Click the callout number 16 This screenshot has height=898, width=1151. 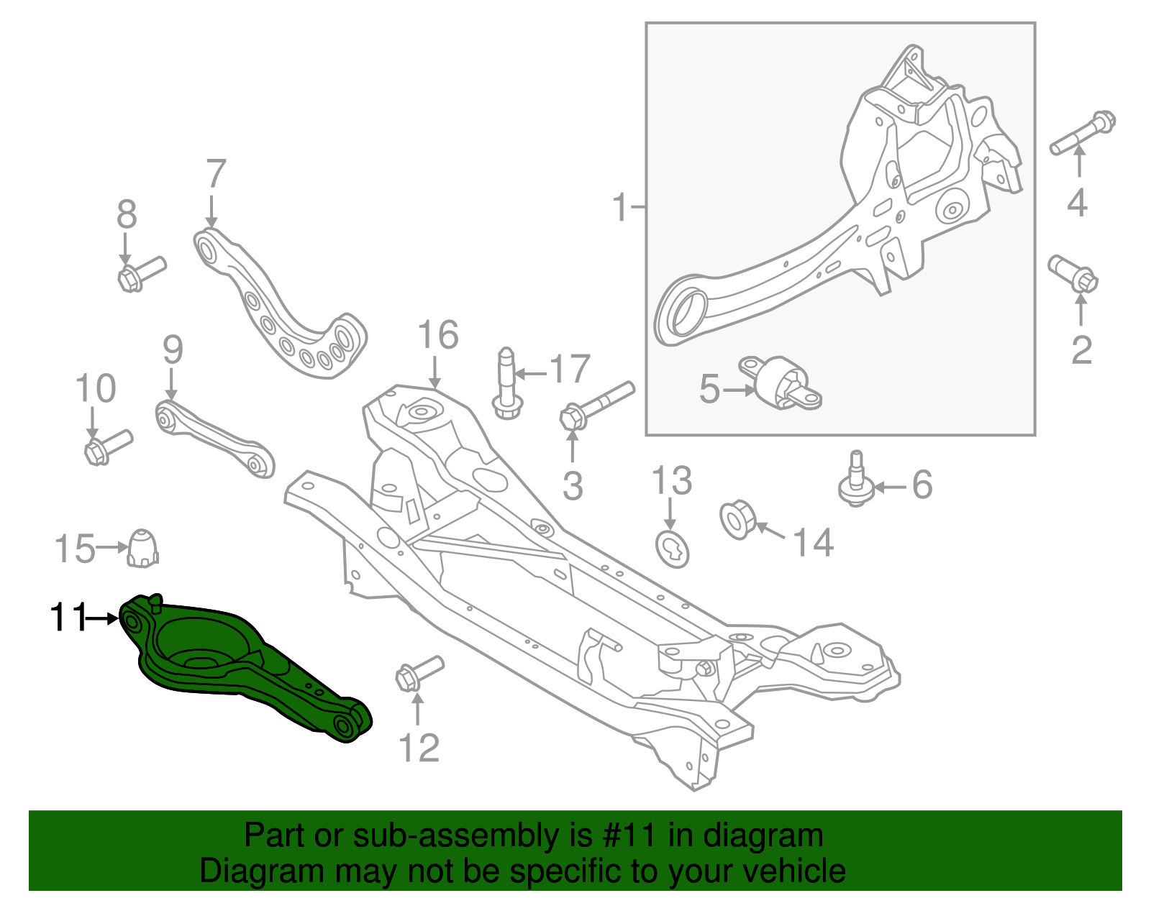(x=437, y=336)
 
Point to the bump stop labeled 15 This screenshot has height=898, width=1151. (x=143, y=548)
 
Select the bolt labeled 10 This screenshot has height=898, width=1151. (x=108, y=446)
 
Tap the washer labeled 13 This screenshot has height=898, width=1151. (x=673, y=548)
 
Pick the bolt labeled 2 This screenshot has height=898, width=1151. (x=1073, y=274)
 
